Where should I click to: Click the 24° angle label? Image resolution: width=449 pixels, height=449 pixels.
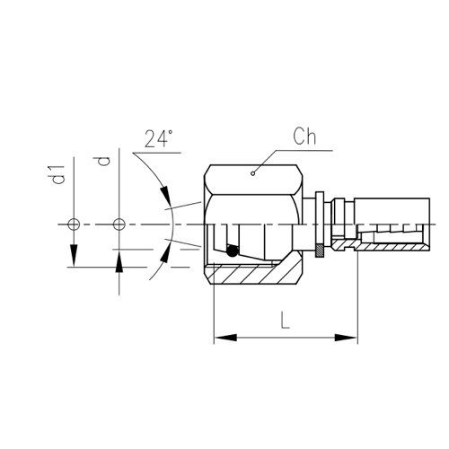point(159,138)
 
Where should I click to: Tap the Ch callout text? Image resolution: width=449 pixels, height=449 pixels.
point(304,136)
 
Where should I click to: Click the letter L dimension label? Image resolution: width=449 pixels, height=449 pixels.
point(286,320)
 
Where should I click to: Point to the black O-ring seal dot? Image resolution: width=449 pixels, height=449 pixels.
point(233,251)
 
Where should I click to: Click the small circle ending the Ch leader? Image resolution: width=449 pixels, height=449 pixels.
point(253,173)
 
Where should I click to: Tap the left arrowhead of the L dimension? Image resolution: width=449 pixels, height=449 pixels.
point(225,338)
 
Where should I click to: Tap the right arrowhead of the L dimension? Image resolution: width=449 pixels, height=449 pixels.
point(346,338)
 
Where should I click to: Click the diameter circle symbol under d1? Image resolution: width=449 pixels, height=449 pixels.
point(74,224)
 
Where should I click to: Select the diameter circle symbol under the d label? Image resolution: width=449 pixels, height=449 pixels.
point(119,224)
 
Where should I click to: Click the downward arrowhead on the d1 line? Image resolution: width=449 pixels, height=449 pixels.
point(74,255)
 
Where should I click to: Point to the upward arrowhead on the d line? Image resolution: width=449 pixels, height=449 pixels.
point(119,261)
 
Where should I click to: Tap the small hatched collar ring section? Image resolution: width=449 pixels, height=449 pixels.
point(320,251)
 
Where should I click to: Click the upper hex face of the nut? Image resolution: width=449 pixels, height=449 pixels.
point(253,180)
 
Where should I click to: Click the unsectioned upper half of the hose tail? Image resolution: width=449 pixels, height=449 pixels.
point(392,211)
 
